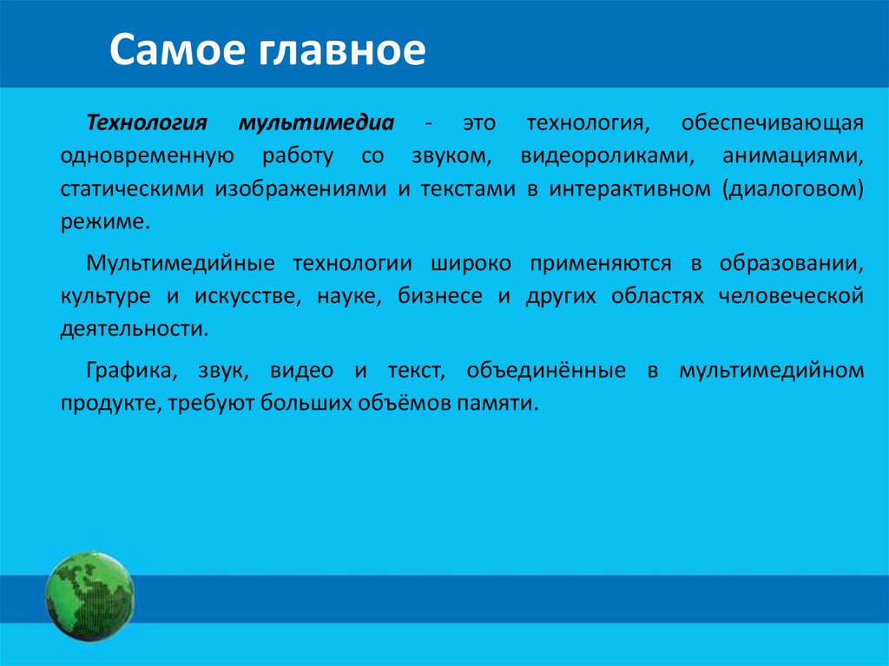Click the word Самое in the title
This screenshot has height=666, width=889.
coord(177,49)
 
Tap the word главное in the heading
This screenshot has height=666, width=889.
coord(340,50)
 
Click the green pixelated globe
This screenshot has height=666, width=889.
coord(89,597)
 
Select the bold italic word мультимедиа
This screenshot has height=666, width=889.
coord(316,123)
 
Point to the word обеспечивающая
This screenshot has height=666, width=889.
coord(772,123)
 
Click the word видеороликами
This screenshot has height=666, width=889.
coord(607,156)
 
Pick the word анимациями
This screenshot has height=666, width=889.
coord(793,156)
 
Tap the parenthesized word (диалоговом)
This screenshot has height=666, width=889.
coord(793,189)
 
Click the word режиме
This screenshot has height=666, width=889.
coord(105,222)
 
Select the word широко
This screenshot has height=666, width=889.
coord(471,264)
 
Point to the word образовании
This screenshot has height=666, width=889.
coord(792,264)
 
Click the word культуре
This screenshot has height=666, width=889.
coord(105,297)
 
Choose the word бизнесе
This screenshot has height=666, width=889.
coord(440,296)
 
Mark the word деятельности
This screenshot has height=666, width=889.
coord(135,329)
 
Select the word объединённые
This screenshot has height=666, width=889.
coord(546,371)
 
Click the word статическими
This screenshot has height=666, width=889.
coord(132,189)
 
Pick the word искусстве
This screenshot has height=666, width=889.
coord(247,297)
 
